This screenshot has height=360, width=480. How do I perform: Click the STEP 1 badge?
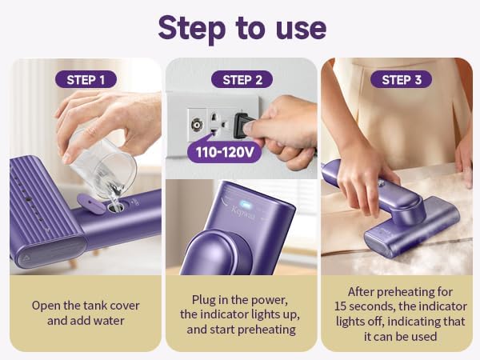86,79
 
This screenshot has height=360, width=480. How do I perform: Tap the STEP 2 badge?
242,79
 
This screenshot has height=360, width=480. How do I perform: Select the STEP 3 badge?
401,79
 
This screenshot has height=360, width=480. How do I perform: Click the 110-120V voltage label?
225,152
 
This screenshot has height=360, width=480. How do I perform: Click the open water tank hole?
116,208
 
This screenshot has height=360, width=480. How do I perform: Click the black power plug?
242,126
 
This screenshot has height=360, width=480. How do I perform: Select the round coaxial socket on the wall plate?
196,125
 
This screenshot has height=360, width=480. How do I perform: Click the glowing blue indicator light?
246,203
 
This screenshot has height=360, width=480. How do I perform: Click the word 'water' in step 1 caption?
109,321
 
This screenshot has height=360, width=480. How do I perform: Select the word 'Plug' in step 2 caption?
203,300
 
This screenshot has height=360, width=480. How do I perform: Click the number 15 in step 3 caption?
341,306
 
